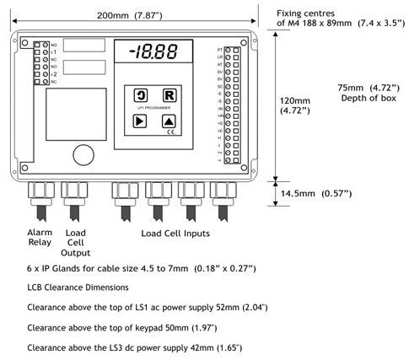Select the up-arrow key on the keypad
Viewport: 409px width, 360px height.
(169, 121)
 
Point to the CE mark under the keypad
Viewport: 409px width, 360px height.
(170, 132)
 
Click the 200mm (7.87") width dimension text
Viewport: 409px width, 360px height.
(126, 15)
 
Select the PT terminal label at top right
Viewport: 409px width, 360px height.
(221, 51)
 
